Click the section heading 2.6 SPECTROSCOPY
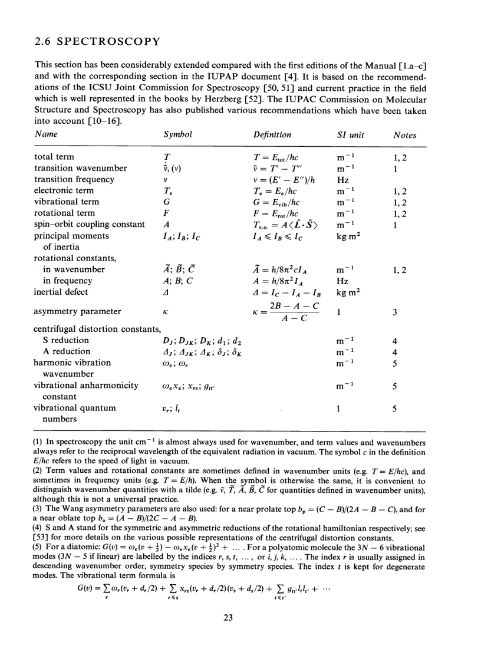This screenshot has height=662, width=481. pos(97,41)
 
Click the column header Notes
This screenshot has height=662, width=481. pos(404,135)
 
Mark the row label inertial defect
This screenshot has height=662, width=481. pos(61,292)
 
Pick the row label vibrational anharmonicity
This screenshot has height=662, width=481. pos(86,385)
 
